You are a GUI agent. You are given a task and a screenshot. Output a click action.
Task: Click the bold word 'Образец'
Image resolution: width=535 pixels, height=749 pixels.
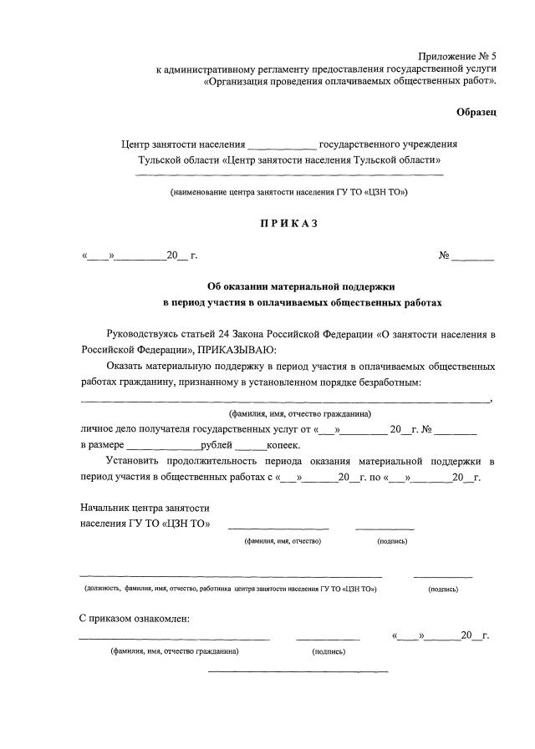(x=476, y=112)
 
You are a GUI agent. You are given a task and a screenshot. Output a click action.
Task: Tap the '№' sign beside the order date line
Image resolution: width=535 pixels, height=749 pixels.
(x=445, y=255)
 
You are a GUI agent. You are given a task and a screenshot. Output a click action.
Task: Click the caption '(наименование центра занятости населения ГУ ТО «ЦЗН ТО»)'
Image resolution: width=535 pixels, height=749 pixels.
(x=288, y=192)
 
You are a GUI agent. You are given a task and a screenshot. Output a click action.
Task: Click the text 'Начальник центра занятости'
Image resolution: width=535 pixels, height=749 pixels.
(x=145, y=508)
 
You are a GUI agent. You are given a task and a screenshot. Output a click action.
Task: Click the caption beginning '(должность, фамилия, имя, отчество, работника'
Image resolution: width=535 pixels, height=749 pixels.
(x=231, y=589)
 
